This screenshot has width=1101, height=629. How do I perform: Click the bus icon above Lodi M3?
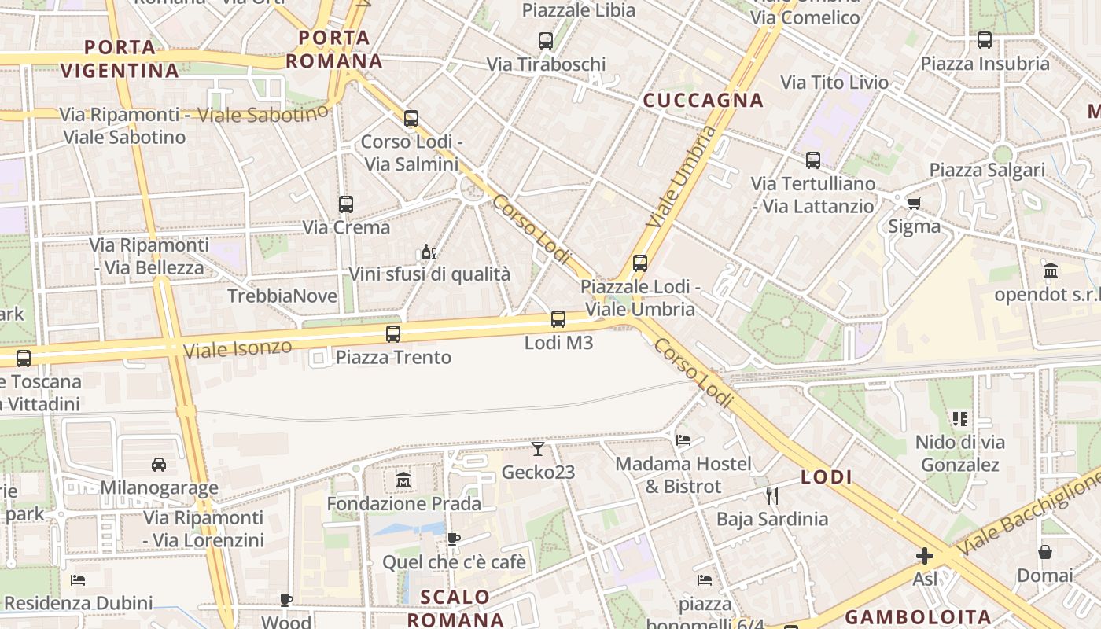558,319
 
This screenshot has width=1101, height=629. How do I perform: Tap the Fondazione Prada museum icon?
403,480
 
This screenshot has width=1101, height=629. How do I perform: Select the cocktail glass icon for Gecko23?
538,449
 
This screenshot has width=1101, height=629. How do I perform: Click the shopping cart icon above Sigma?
914,204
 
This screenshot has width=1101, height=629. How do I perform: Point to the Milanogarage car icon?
159,465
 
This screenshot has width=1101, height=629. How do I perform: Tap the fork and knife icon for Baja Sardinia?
771,495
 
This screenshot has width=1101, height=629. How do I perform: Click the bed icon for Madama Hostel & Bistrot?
683,440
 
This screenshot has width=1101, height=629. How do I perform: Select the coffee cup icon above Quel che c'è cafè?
453,539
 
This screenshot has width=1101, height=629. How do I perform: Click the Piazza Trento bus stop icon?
393,334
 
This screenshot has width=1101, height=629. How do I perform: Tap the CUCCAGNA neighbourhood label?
703,100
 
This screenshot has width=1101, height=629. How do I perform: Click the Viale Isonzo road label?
237,347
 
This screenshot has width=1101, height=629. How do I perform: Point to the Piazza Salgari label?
987,170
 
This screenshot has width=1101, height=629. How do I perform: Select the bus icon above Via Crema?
346,204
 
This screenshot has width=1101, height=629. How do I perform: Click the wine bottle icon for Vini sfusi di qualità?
429,252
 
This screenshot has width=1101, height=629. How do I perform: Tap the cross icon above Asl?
925,557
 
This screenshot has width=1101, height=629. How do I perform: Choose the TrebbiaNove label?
282,296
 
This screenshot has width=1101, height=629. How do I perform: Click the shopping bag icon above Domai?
1044,552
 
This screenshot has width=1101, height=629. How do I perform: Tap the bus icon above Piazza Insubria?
984,40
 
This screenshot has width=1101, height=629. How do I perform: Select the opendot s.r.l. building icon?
1050,271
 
